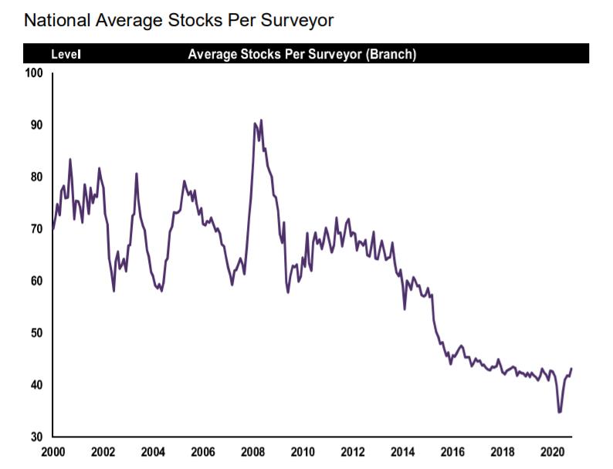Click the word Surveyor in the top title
tap(299, 21)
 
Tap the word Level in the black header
tap(66, 55)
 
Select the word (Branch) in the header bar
tap(391, 55)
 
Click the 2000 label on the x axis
tap(52, 452)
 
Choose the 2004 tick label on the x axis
tap(153, 452)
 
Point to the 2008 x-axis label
tap(253, 452)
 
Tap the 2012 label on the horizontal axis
tap(354, 452)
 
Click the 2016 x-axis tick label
tap(454, 452)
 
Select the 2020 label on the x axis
tap(554, 452)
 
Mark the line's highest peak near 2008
tap(261, 120)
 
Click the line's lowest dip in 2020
tap(559, 412)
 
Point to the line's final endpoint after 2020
tap(571, 369)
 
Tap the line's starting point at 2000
tap(52, 229)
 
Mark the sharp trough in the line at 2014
tap(405, 309)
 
